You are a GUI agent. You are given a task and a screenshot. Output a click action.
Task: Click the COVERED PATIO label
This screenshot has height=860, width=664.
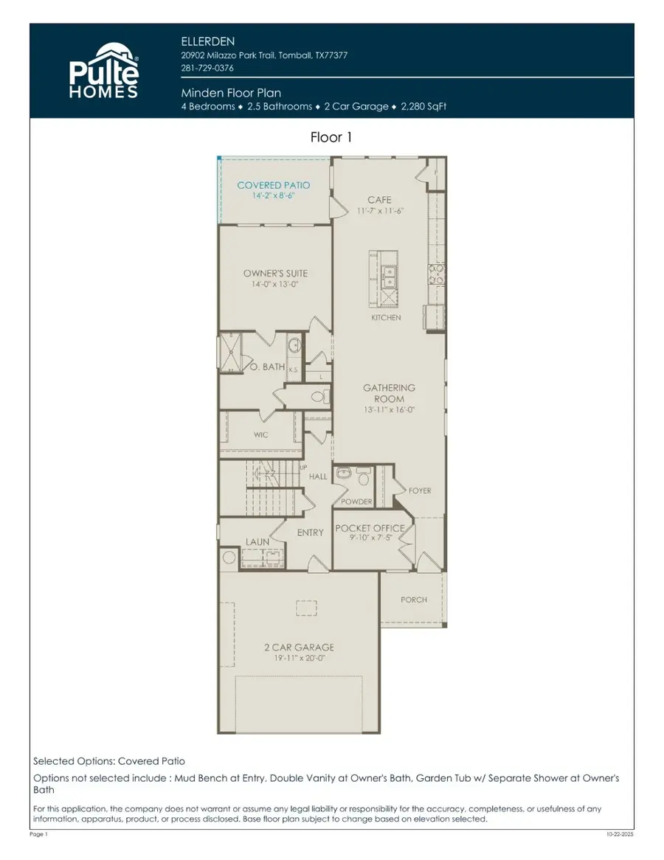coord(274,185)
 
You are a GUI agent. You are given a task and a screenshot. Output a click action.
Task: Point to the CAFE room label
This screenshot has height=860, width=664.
coord(379,200)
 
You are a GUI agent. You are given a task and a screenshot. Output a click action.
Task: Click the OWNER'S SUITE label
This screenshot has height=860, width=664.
coord(275,274)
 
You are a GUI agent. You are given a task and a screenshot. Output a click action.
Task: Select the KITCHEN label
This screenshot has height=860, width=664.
coord(386,318)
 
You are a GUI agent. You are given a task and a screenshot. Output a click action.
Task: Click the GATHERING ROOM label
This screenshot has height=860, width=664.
coord(389,393)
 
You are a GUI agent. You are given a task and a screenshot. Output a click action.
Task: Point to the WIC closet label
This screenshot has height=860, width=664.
coord(261,435)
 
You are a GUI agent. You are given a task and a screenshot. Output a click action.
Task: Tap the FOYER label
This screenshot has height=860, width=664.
coord(420,490)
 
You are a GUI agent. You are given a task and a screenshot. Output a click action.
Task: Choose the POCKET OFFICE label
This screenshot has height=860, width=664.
coord(370,528)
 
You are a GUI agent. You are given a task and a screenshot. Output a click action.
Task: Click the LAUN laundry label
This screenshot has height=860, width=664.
coord(257,542)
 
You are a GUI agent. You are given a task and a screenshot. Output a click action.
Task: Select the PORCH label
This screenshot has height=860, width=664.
coord(414,600)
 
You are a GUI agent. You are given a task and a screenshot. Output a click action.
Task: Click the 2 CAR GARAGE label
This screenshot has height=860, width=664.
coord(299,648)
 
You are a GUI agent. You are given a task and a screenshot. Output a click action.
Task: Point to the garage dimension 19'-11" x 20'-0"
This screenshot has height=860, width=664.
coord(299,658)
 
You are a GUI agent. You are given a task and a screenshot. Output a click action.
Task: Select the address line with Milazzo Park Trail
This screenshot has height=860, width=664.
coord(264,55)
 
